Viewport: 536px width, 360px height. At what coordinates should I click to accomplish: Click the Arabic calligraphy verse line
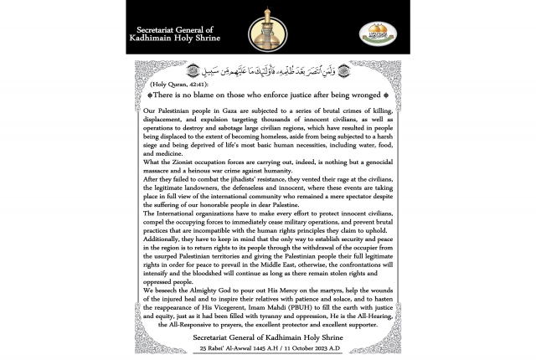point(268,73)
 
